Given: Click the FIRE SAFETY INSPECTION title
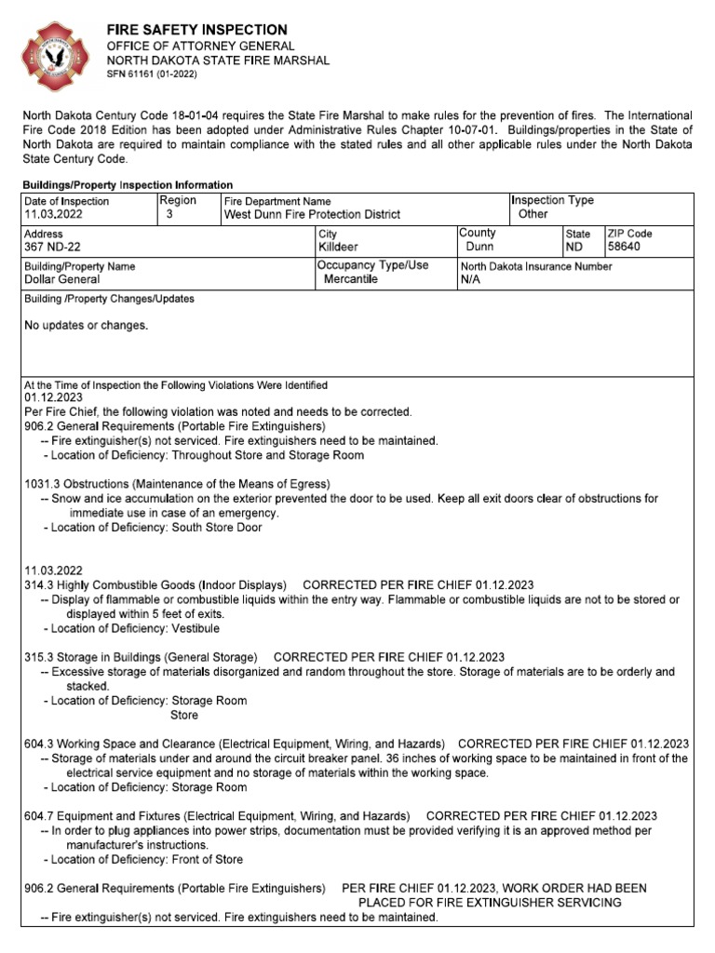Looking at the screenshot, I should (196, 30).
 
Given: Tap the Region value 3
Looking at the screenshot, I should (169, 214).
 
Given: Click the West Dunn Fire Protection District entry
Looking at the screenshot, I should (312, 214).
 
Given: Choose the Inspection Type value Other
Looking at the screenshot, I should (533, 214).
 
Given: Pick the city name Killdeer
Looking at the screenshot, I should (339, 248).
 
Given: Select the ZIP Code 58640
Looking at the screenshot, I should (627, 248).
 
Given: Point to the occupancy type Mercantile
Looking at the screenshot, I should (351, 279).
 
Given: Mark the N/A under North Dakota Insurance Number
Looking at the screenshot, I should (471, 279).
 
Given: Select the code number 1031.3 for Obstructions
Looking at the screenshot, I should (42, 484).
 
